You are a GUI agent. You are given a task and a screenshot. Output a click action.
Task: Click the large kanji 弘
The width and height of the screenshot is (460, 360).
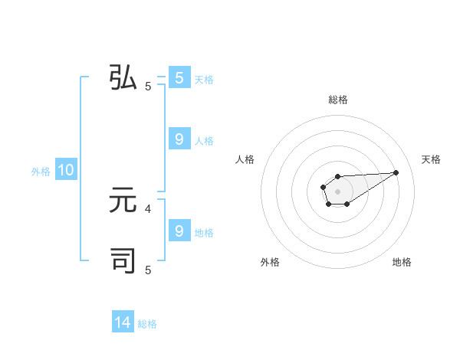(x=123, y=78)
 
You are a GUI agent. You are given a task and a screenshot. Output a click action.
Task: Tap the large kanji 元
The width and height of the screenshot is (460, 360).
(x=123, y=201)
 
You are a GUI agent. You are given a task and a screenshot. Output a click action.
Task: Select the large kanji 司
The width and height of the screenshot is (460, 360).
(x=123, y=260)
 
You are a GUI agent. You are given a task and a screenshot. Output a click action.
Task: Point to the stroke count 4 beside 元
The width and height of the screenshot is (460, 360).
(x=148, y=208)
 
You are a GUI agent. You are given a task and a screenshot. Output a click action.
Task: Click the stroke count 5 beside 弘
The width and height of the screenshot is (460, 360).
(x=148, y=87)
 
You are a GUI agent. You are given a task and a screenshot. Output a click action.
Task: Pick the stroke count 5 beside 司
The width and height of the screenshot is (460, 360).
(x=148, y=270)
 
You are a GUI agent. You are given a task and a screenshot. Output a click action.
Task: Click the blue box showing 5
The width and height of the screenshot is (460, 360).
(x=179, y=78)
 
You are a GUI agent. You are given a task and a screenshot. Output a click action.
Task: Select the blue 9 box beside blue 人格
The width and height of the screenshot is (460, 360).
(x=179, y=139)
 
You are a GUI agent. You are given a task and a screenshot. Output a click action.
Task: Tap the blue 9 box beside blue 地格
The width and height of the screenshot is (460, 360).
(x=179, y=231)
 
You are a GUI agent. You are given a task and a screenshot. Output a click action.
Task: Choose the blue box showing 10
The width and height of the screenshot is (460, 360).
(x=65, y=170)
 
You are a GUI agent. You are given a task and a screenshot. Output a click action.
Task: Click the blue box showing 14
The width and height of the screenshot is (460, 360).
(x=123, y=323)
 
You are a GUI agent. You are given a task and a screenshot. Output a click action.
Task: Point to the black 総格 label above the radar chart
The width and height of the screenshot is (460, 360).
(x=337, y=100)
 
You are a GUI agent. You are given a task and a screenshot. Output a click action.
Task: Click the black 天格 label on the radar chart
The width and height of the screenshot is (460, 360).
(x=431, y=159)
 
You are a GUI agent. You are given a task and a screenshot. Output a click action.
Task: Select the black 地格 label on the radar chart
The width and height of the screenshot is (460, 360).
(x=402, y=262)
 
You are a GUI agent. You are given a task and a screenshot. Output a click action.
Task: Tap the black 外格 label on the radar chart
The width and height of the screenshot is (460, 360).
(x=270, y=262)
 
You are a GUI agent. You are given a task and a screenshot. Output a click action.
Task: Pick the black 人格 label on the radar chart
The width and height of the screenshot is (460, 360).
(x=245, y=159)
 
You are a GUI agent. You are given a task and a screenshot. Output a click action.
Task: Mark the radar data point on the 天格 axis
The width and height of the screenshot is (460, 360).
(x=396, y=172)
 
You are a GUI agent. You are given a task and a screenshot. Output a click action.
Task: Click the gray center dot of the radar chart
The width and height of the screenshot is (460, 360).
(x=337, y=191)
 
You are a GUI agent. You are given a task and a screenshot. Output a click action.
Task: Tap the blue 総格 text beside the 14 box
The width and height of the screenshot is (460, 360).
(x=147, y=324)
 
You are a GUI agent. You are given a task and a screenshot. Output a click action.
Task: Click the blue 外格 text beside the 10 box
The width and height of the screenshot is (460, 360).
(x=41, y=172)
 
